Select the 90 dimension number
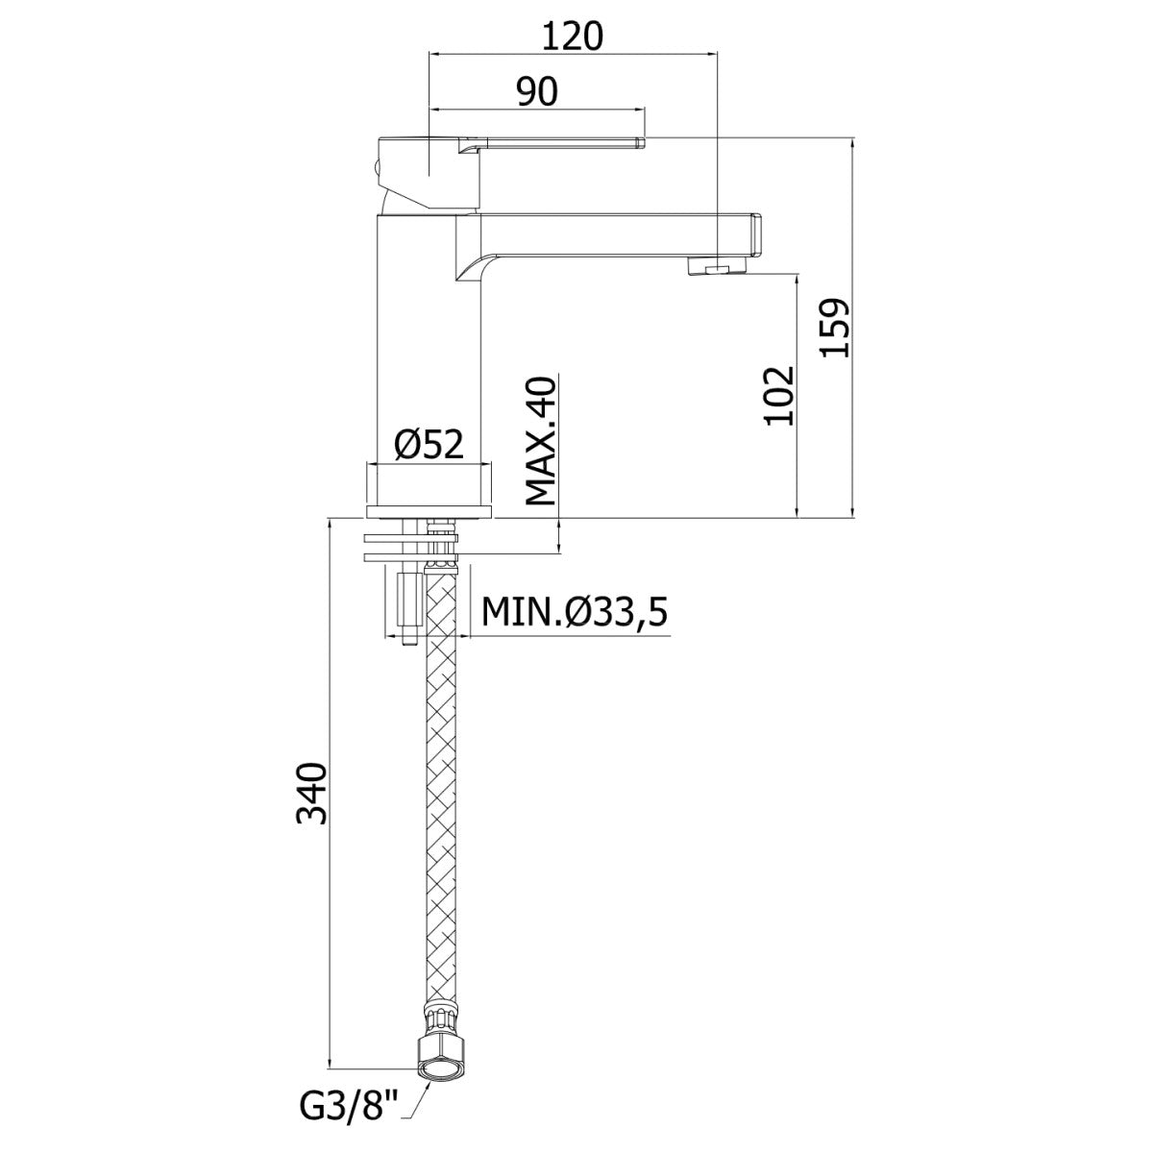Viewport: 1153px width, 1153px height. (537, 91)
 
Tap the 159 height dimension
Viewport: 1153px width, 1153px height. (835, 328)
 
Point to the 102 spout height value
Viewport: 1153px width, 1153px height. (779, 396)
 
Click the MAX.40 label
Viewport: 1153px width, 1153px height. (541, 440)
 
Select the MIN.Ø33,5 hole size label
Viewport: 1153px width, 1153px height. (574, 611)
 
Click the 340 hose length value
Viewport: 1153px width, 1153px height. (312, 794)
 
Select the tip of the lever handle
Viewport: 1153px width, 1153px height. (642, 142)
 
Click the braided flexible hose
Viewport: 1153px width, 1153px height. (441, 796)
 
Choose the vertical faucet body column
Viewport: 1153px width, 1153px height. (428, 337)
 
